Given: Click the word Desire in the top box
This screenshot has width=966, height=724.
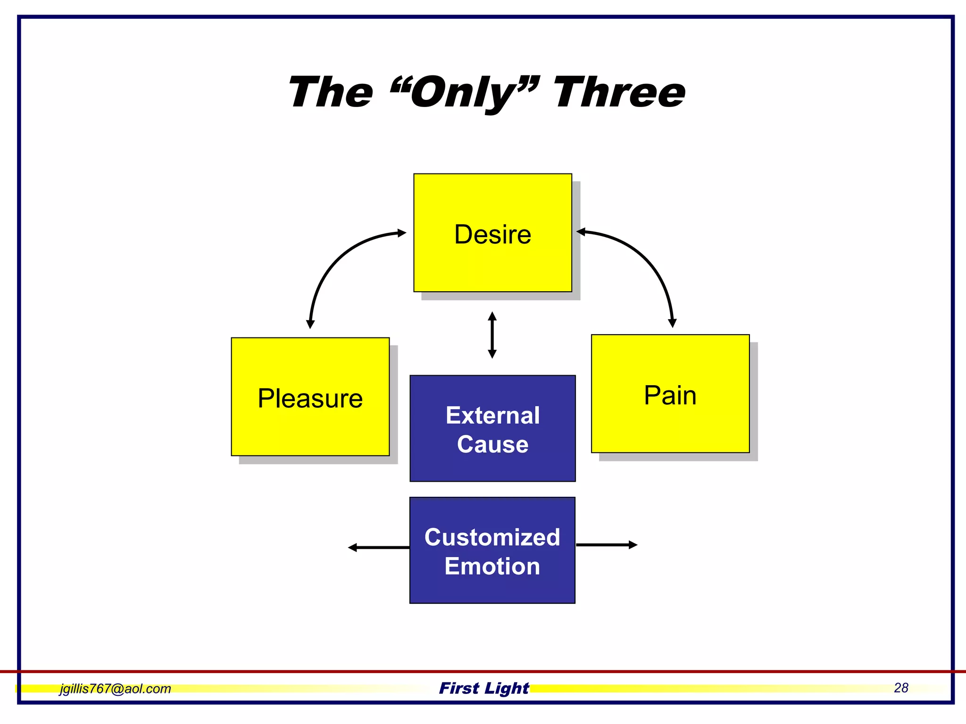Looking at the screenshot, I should pyautogui.click(x=492, y=235).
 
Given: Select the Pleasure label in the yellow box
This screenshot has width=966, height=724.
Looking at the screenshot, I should pyautogui.click(x=310, y=399).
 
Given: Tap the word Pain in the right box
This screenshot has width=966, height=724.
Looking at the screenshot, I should pyautogui.click(x=670, y=395).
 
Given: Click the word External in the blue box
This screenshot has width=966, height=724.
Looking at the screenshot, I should pyautogui.click(x=492, y=416).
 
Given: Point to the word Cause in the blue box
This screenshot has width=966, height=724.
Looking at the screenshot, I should pyautogui.click(x=492, y=444).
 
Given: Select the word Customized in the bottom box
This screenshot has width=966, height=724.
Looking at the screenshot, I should pyautogui.click(x=492, y=537).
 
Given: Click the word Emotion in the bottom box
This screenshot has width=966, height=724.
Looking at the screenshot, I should pyautogui.click(x=492, y=566).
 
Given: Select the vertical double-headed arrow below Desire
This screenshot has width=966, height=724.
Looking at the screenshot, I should pyautogui.click(x=492, y=335).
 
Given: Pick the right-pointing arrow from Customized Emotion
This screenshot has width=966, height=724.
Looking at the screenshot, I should pyautogui.click(x=607, y=545).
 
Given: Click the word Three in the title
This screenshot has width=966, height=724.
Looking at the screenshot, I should pyautogui.click(x=619, y=92).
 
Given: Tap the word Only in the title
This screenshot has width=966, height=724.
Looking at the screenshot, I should pyautogui.click(x=464, y=93).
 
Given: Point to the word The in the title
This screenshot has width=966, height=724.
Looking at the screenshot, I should pyautogui.click(x=331, y=92).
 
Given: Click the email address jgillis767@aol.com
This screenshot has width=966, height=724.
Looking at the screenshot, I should pyautogui.click(x=115, y=689).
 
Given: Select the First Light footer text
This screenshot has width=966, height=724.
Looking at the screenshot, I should pyautogui.click(x=483, y=688).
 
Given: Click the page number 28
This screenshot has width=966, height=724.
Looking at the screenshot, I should pyautogui.click(x=900, y=688).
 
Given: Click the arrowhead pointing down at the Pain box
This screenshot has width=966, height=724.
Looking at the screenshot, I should pyautogui.click(x=672, y=323).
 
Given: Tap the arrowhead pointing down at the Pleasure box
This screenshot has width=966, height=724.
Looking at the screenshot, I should pyautogui.click(x=310, y=324).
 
